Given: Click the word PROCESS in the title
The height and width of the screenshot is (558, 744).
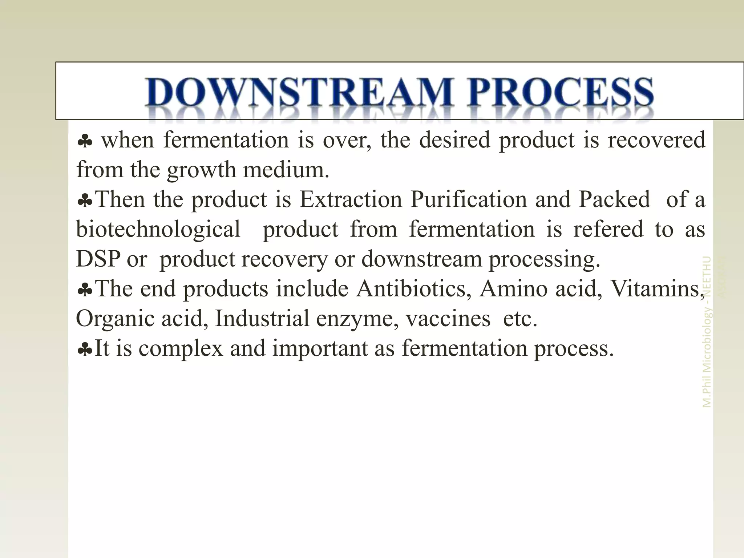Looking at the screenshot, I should pyautogui.click(x=561, y=92).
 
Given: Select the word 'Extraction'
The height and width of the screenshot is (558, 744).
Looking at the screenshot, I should pyautogui.click(x=351, y=200).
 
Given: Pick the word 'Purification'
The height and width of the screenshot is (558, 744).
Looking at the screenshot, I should pyautogui.click(x=469, y=200).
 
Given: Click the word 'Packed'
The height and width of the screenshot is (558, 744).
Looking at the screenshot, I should pyautogui.click(x=614, y=200).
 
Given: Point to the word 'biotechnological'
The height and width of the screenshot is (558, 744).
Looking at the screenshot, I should pyautogui.click(x=158, y=230).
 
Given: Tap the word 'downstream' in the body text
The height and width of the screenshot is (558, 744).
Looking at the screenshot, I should pyautogui.click(x=421, y=259).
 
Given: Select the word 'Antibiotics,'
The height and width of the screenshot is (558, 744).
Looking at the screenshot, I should pyautogui.click(x=414, y=289).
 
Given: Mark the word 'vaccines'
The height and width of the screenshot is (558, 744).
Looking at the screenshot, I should pyautogui.click(x=448, y=319).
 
